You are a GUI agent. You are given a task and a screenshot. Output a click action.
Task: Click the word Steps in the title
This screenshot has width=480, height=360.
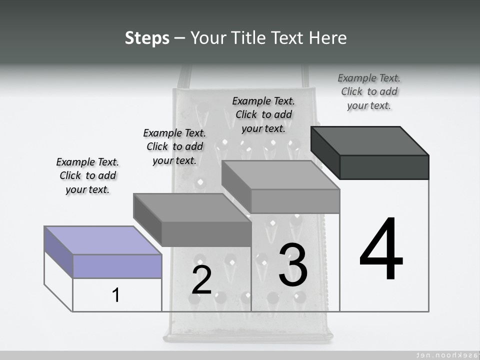point(147,38)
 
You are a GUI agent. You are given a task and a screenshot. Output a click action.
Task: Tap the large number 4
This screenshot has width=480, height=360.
point(381,250)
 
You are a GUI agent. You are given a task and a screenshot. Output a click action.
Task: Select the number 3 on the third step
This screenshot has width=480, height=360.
point(293,265)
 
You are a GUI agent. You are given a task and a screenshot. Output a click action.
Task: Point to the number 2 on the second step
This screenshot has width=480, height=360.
point(201,280)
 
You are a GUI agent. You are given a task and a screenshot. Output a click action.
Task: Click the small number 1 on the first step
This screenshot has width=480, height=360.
point(115,295)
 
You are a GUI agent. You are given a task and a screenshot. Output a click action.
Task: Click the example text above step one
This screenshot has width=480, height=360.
point(87,175)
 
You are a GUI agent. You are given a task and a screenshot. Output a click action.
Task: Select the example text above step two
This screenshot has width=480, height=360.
point(174,146)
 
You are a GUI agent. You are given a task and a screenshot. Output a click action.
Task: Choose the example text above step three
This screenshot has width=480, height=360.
point(263,114)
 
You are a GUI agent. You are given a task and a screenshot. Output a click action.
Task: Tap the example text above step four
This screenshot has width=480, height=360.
point(369,91)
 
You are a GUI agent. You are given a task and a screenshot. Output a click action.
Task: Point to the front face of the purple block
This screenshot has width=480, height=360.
point(117,266)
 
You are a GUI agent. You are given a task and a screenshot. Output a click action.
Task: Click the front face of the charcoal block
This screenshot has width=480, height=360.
point(384,167)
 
